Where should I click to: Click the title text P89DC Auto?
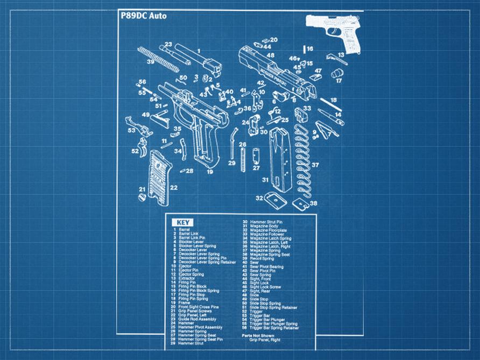click(144, 16)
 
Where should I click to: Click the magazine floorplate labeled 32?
click(274, 199)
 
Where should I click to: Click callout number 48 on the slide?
click(271, 55)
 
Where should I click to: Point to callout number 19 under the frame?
click(210, 172)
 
